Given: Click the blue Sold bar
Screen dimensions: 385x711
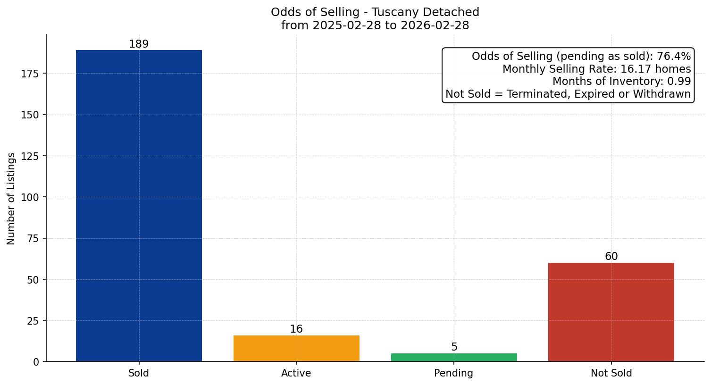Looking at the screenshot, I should [139, 206].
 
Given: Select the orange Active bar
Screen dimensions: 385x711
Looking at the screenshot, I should [296, 348].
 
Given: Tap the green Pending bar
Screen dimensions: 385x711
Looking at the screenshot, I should [454, 357].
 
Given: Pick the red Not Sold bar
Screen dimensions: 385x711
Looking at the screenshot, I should [611, 312].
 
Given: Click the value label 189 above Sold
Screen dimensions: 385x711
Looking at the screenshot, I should [139, 44].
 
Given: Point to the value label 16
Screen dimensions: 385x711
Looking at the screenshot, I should [296, 329].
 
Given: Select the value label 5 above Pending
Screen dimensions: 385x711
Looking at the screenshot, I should [454, 347].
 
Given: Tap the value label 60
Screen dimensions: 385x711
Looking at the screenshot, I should [611, 257].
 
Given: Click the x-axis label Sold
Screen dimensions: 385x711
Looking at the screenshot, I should [139, 373].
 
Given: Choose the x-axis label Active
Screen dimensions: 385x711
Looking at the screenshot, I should [296, 373].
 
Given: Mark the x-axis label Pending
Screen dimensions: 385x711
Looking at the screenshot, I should [454, 373].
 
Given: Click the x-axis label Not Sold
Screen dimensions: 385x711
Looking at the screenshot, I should [611, 373].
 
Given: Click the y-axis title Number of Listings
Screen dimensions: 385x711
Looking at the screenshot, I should [11, 198].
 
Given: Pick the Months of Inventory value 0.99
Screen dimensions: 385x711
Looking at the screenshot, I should [679, 82].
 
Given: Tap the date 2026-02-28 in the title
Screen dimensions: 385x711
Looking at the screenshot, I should [435, 25].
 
